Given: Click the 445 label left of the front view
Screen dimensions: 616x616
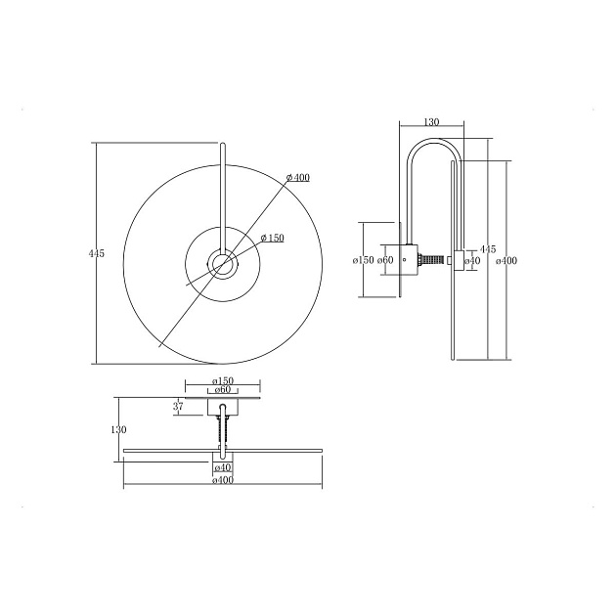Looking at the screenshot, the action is coord(97,254).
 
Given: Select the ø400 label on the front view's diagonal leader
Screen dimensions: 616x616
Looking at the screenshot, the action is coord(298,178).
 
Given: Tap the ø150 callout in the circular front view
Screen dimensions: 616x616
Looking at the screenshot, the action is coord(272,238).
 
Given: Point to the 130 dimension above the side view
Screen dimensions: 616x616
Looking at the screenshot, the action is coord(431,122).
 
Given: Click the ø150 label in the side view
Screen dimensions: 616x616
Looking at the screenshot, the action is coord(364,260).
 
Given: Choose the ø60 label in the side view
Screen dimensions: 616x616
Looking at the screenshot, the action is coord(385,260).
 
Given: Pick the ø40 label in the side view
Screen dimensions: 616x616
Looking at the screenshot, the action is coord(472,260).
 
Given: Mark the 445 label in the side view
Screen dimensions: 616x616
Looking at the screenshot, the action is coord(488,249).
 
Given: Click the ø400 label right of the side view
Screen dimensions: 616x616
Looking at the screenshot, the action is coord(506,260).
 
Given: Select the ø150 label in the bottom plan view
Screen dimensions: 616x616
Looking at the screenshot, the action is coord(223,380).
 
